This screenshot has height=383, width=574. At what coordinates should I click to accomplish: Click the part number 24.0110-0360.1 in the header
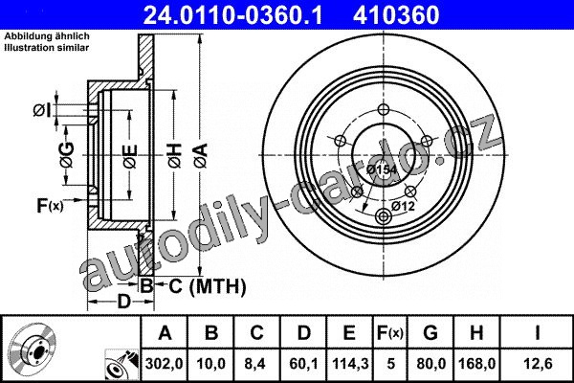(x=232, y=15)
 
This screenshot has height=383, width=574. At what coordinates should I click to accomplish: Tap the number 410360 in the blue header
(x=396, y=15)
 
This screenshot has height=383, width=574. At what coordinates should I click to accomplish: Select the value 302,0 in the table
(x=164, y=364)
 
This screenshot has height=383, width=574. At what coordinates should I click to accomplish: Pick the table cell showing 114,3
(x=350, y=364)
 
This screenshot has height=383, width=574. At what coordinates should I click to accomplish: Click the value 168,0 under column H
(x=476, y=364)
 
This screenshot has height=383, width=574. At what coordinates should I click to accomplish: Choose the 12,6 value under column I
(x=538, y=364)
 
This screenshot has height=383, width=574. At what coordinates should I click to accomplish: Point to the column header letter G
(x=430, y=333)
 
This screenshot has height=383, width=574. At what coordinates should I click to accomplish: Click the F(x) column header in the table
(x=390, y=333)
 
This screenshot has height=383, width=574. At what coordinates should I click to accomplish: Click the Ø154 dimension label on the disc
(x=382, y=169)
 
